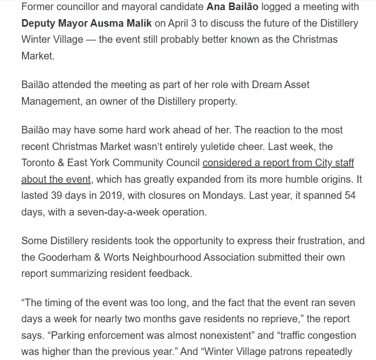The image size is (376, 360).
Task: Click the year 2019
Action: click(x=115, y=196)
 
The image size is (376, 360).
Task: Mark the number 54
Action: click(x=349, y=196)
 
